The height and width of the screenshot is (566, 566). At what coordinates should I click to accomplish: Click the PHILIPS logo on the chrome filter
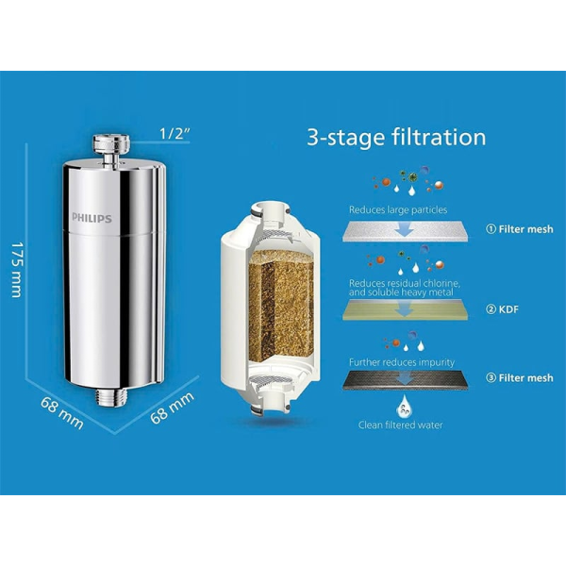(92, 218)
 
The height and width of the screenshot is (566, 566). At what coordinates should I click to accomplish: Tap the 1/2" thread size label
(175, 134)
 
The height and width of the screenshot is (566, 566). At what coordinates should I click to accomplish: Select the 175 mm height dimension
(16, 270)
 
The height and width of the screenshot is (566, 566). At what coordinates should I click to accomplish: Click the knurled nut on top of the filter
(111, 143)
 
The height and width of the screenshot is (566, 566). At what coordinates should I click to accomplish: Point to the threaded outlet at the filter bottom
(111, 397)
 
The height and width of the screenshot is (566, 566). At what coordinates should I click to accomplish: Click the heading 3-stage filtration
(396, 137)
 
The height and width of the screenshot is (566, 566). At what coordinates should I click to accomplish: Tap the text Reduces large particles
(398, 209)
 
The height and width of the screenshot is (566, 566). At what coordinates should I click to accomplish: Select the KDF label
(508, 309)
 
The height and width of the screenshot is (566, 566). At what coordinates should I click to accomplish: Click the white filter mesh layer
(406, 231)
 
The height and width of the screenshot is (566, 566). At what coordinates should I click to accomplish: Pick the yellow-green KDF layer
(406, 310)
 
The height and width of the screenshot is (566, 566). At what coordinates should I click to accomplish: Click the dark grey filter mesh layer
(406, 381)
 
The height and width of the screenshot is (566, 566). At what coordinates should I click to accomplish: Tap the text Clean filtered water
(400, 424)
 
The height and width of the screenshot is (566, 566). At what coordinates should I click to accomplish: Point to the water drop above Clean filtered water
(405, 406)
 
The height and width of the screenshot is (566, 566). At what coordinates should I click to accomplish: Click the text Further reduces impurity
(402, 362)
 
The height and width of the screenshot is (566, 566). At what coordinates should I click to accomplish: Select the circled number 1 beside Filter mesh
(491, 229)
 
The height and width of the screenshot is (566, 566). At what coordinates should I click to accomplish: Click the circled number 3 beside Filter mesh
(491, 377)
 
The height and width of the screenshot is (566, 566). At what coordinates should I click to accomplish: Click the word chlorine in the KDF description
(441, 283)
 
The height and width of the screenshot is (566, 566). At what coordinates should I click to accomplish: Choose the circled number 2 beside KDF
(491, 309)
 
